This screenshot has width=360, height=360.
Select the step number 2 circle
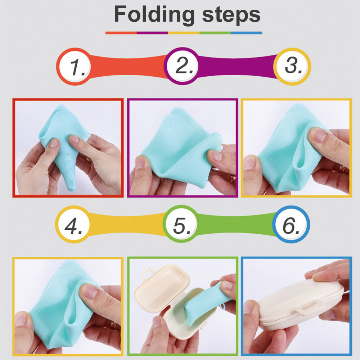pos(183,66)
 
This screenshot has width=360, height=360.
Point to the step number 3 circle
pos(292,67)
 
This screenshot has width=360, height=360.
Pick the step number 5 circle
pos(181,224)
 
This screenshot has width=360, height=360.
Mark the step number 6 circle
pos(291,224)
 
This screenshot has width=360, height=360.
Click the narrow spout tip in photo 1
pos(71,189)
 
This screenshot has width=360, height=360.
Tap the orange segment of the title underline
pos(121,33)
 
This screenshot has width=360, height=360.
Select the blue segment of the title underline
pos(246,33)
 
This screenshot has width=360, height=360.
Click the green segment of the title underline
pos(215,33)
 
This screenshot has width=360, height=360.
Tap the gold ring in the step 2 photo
pos(233,178)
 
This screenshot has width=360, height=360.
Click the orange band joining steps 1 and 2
pos(129,67)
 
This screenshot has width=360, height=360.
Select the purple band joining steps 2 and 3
pos(237,67)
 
